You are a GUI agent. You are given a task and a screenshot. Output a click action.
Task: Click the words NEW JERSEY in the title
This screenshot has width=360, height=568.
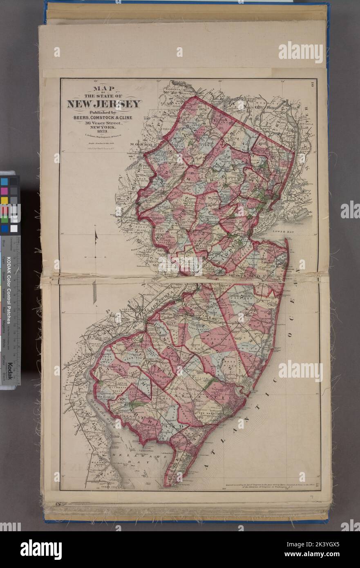104,104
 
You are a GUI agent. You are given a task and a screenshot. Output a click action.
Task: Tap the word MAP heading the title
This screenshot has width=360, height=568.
104,88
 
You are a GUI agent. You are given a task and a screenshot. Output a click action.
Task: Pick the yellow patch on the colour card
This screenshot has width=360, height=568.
4,200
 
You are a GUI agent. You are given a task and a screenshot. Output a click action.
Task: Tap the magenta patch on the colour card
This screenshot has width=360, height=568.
4,190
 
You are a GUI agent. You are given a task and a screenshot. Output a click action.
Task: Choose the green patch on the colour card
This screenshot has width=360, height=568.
4,219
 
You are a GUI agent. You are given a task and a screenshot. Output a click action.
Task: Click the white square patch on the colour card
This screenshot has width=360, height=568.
14,228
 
